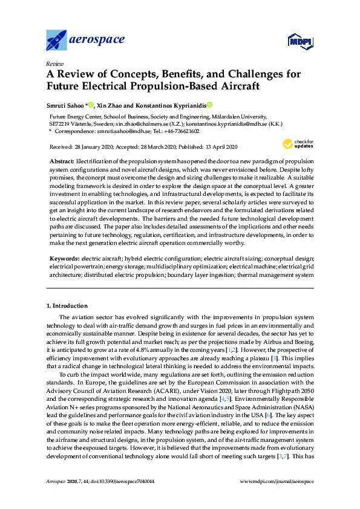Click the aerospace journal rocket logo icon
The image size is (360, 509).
58,40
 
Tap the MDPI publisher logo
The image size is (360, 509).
299,41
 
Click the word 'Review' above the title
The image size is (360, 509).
54,63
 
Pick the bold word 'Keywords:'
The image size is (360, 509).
64,258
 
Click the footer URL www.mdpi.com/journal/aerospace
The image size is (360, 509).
277,498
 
